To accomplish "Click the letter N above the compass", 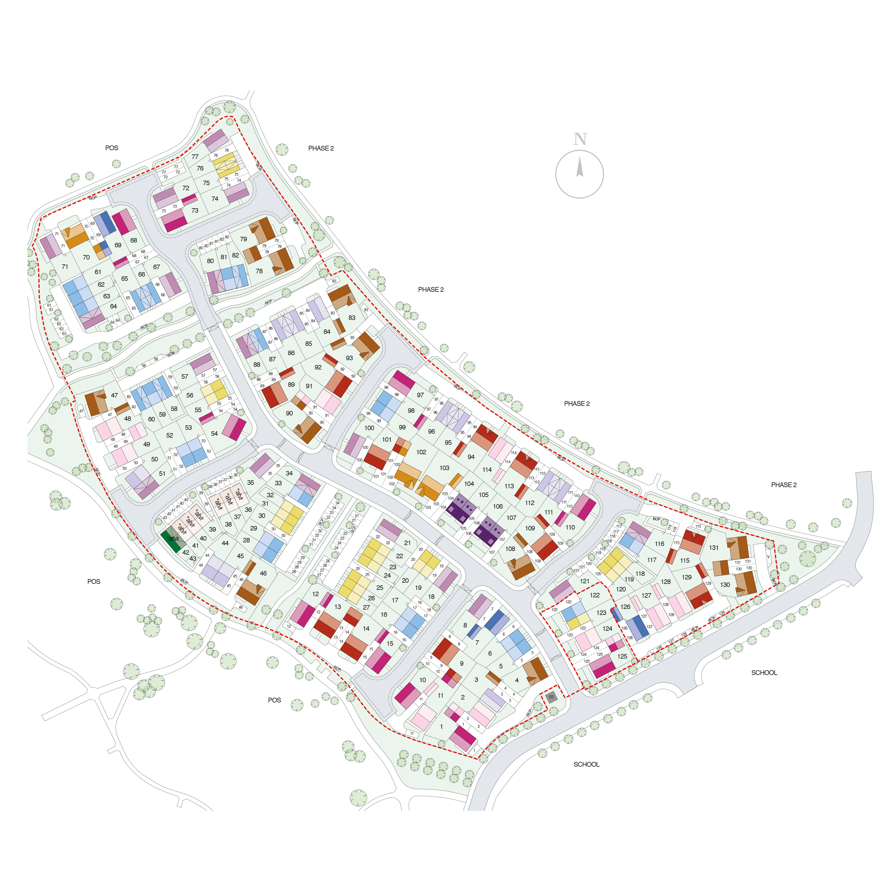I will [580, 139].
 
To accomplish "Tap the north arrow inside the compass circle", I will [580, 168].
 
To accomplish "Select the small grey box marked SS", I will [551, 697].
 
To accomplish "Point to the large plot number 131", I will [714, 548].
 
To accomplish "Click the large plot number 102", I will [421, 452].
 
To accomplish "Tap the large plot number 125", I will [622, 656].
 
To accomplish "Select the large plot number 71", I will [65, 267].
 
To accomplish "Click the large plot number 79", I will [243, 239].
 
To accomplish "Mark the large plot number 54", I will [214, 434].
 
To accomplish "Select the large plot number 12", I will [315, 594].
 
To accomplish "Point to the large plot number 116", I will [659, 544].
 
